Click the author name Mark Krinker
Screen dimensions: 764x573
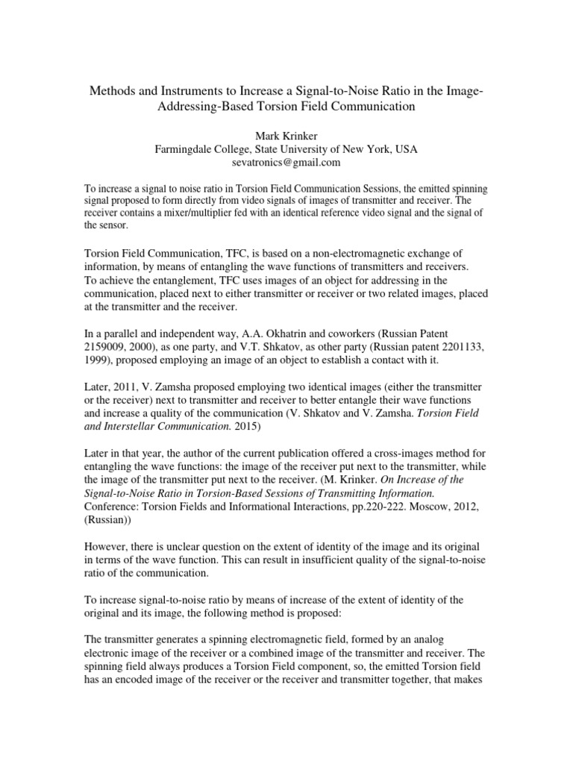(286, 136)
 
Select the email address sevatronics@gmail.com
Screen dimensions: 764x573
(286, 162)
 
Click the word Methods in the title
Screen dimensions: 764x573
(110, 91)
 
